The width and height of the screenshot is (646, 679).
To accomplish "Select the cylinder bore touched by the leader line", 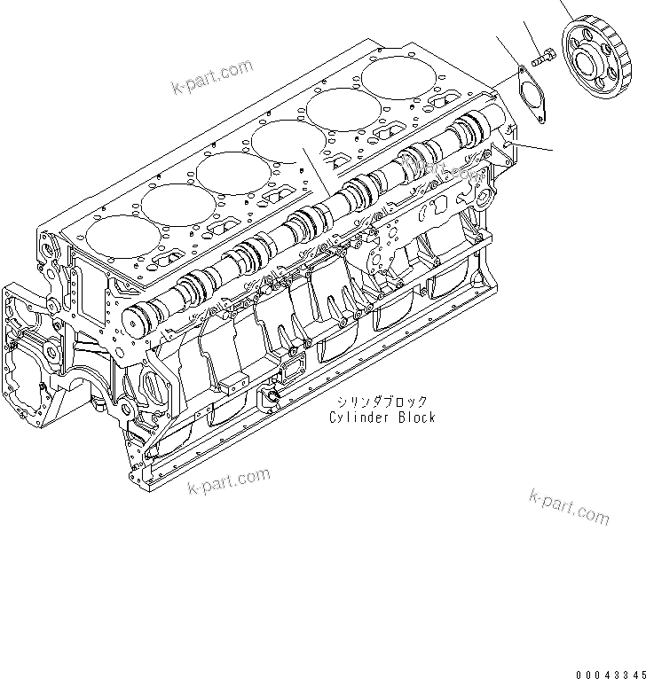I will [287, 142].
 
